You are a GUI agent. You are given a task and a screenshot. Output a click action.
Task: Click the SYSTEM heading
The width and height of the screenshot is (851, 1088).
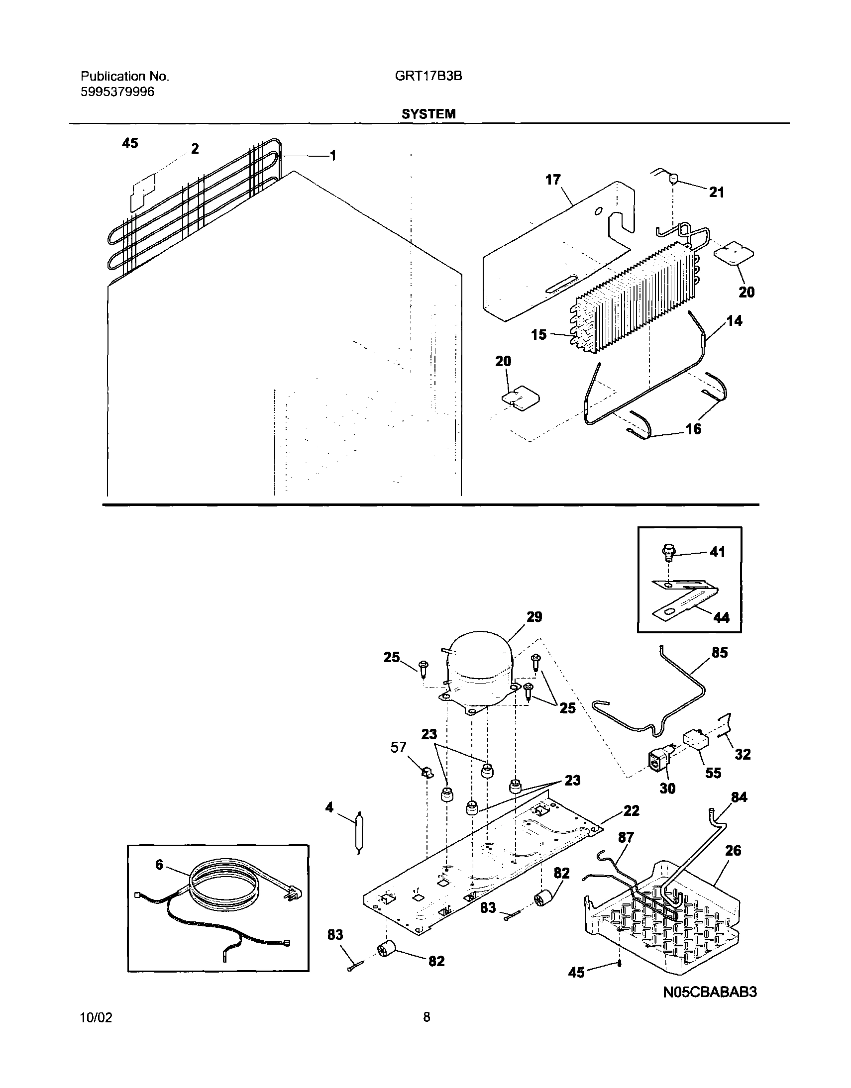click(x=428, y=114)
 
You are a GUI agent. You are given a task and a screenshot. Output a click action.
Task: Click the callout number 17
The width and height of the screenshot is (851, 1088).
click(x=552, y=179)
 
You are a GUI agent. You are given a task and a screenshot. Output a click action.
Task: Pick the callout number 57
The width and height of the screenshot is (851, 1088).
click(x=398, y=747)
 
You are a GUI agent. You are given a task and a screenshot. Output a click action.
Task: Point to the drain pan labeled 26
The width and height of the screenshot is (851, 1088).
click(x=663, y=917)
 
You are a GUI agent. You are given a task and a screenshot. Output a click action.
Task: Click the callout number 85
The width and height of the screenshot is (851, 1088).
click(x=720, y=653)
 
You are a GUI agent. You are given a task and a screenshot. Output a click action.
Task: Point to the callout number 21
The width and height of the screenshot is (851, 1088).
click(x=716, y=193)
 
